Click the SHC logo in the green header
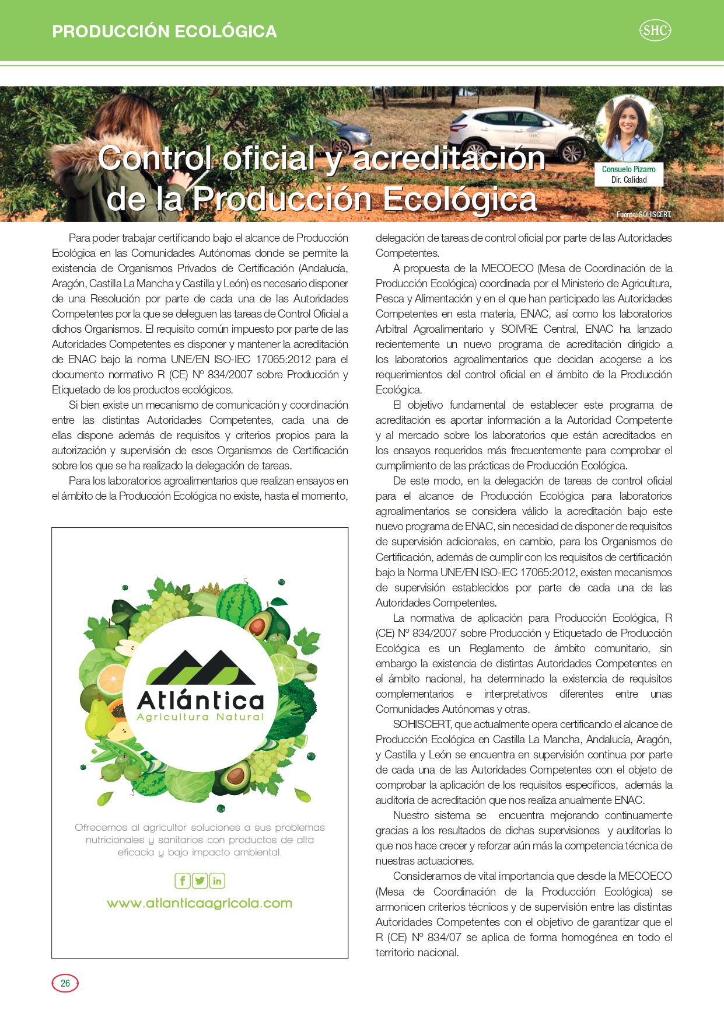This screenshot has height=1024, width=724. pos(655,30)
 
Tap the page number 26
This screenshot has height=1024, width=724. pos(65,983)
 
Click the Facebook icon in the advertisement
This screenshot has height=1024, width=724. pos(183,880)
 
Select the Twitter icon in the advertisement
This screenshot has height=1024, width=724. pos(200,880)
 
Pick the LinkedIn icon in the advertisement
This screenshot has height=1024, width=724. pos(217,880)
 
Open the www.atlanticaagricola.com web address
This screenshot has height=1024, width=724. pos(200,903)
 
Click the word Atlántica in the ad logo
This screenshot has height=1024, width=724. pos(200,700)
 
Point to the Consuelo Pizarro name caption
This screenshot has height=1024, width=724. pos(628,169)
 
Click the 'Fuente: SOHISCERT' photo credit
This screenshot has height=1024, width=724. pos(643,215)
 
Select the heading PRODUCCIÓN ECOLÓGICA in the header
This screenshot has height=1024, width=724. pos(165,32)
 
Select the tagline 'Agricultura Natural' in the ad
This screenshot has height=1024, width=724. pos(200,717)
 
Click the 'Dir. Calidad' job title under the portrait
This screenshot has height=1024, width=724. pos(628,180)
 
